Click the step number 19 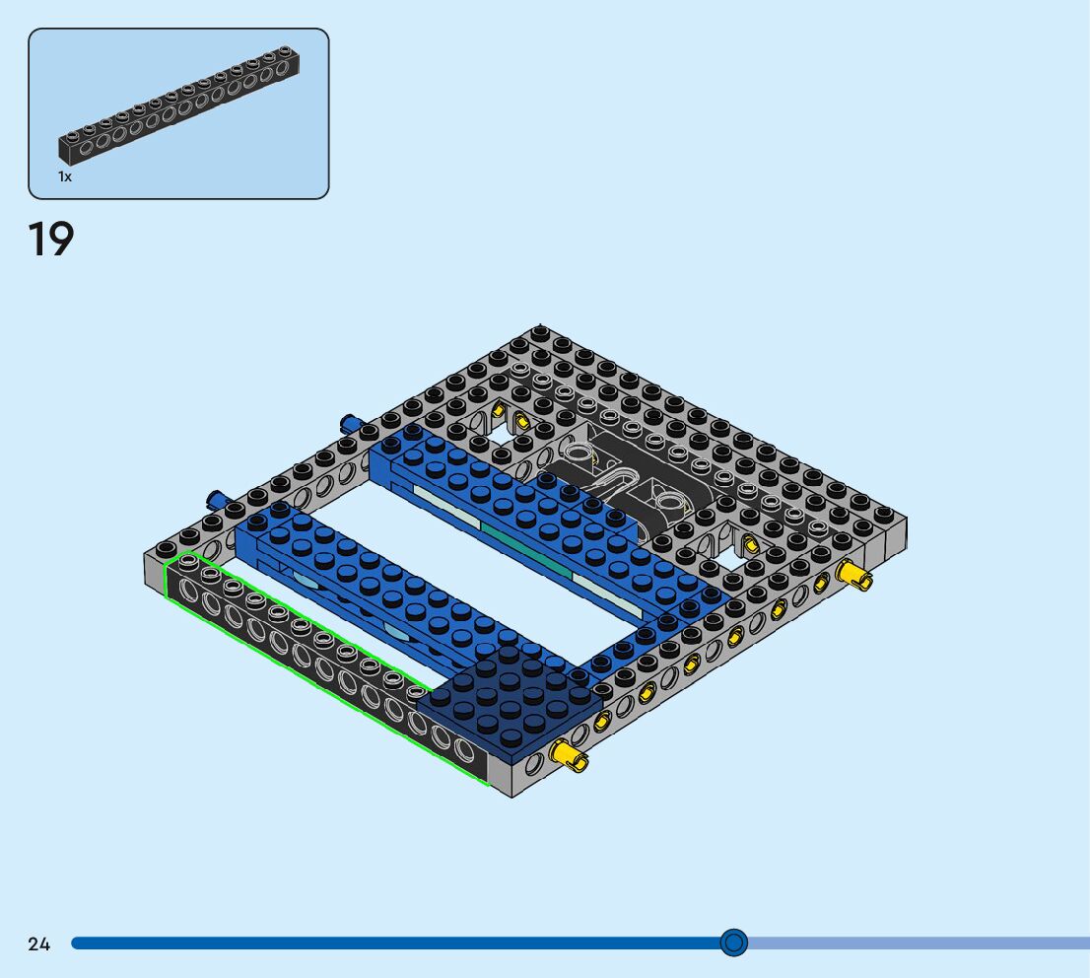(x=50, y=240)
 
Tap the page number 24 (x=39, y=943)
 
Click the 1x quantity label (x=65, y=176)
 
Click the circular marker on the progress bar (x=733, y=943)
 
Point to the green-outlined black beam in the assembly (x=327, y=667)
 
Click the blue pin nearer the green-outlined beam (x=217, y=498)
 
